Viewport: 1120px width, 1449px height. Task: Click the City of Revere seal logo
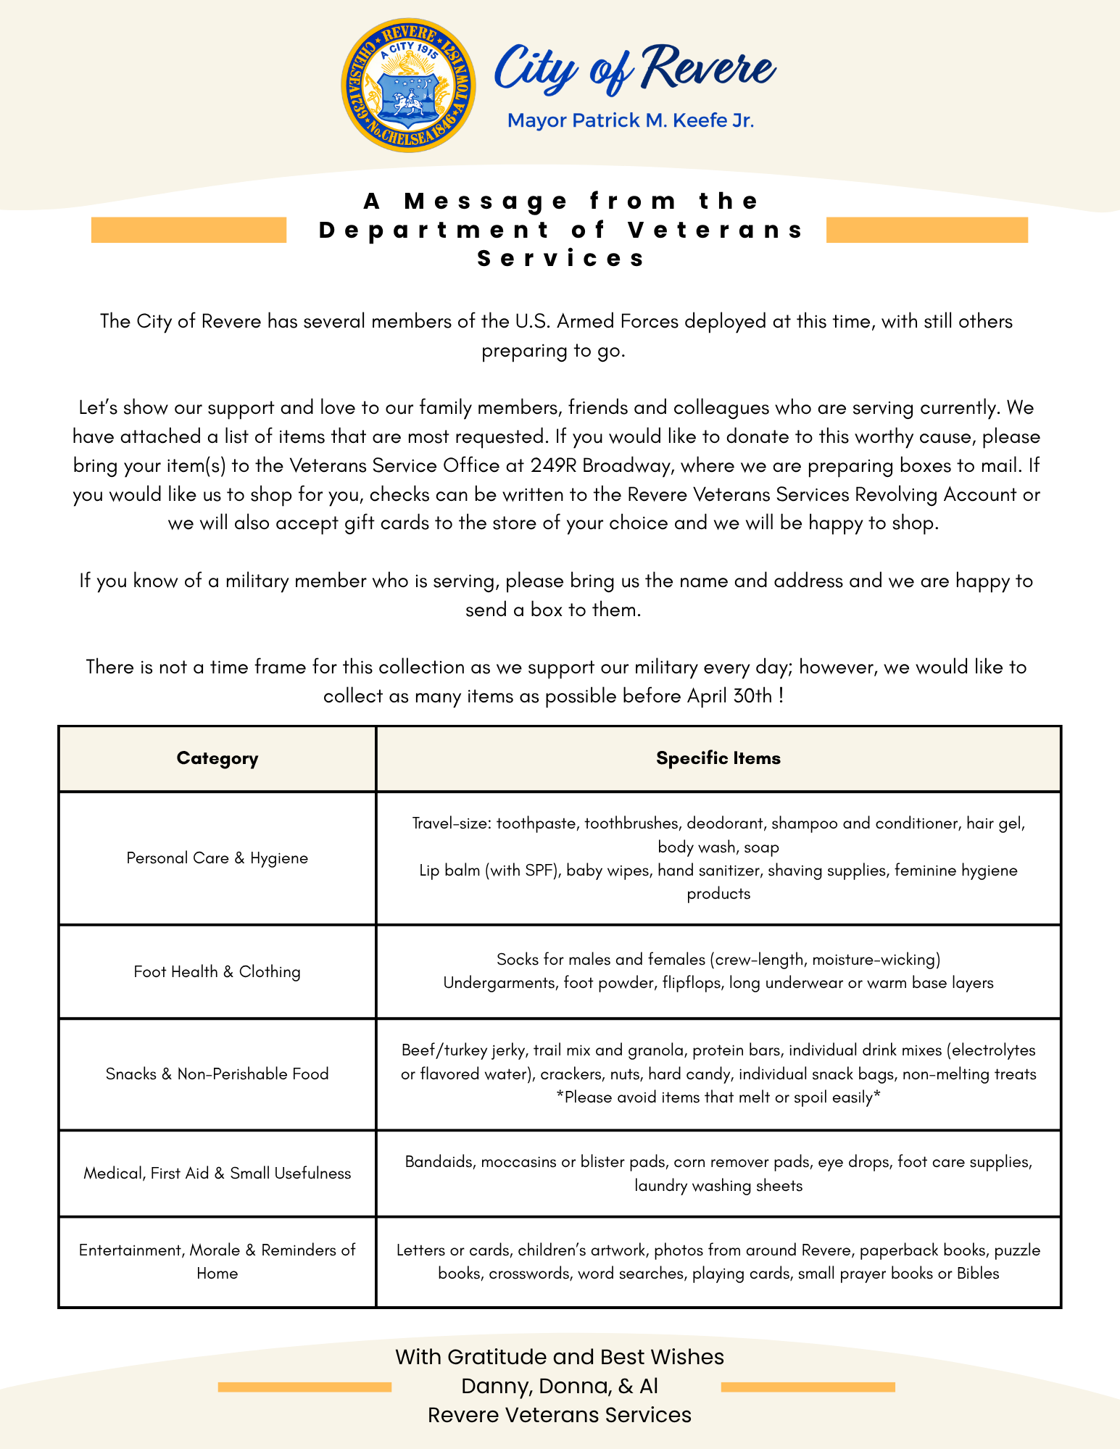[408, 86]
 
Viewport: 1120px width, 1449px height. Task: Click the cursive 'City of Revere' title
[634, 69]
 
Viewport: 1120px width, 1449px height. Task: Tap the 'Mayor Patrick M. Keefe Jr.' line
[631, 120]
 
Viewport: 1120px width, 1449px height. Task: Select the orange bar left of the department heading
[188, 230]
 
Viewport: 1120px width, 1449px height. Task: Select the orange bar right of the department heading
[926, 230]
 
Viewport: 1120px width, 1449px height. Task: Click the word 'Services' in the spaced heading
[561, 259]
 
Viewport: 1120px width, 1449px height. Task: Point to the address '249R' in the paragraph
[552, 465]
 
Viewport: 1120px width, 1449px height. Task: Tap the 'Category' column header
[217, 758]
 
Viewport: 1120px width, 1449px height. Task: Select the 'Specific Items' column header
[718, 758]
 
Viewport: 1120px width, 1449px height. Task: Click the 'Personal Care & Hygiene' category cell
[217, 858]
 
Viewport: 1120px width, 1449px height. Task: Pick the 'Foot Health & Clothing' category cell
[217, 971]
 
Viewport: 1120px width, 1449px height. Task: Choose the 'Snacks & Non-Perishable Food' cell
[217, 1074]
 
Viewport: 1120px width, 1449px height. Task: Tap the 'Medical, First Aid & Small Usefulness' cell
[217, 1173]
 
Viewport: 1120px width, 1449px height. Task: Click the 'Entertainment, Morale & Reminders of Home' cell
[217, 1261]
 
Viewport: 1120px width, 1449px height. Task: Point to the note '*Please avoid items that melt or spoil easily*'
[718, 1097]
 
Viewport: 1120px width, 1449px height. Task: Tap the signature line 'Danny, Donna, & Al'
[560, 1386]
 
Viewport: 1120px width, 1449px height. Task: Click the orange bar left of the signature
[304, 1387]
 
